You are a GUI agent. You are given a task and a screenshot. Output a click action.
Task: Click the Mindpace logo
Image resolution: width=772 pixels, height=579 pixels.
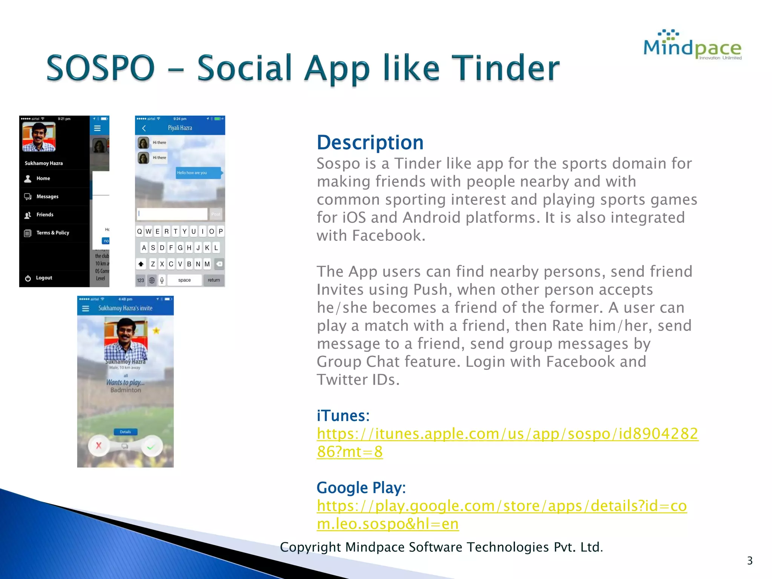point(692,46)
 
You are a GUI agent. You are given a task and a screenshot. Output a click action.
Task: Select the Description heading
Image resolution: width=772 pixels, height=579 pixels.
point(370,142)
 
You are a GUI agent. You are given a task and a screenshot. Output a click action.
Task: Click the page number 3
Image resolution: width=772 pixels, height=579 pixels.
point(749,561)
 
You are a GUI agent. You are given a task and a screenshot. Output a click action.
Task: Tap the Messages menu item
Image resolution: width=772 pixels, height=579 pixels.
point(47,196)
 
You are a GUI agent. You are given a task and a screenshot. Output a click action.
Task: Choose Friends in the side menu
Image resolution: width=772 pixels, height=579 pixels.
point(44,214)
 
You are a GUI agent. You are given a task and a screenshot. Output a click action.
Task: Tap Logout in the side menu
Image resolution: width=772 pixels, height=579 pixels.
point(44,278)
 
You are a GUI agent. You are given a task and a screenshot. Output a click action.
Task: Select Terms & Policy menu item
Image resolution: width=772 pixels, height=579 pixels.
point(52,233)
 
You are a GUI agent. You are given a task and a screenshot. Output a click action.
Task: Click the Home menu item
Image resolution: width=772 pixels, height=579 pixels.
point(43,178)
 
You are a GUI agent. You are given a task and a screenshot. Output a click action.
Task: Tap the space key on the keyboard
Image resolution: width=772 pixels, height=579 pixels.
point(184,280)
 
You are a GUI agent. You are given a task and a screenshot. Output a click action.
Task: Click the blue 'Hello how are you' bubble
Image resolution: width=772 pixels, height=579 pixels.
point(198,173)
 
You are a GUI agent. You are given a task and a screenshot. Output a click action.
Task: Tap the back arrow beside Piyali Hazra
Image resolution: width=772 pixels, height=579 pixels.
point(144,128)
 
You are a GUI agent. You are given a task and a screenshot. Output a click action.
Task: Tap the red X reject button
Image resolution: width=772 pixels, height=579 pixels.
point(99,446)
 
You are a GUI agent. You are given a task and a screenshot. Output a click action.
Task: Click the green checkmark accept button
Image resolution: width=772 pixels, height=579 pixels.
point(151,447)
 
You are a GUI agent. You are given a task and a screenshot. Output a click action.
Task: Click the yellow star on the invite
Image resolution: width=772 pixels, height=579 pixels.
point(156,331)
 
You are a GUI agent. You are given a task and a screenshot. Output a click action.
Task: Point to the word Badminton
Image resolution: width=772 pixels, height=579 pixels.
point(126,390)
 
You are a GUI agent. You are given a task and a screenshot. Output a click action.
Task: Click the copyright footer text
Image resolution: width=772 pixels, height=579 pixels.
point(441,547)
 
